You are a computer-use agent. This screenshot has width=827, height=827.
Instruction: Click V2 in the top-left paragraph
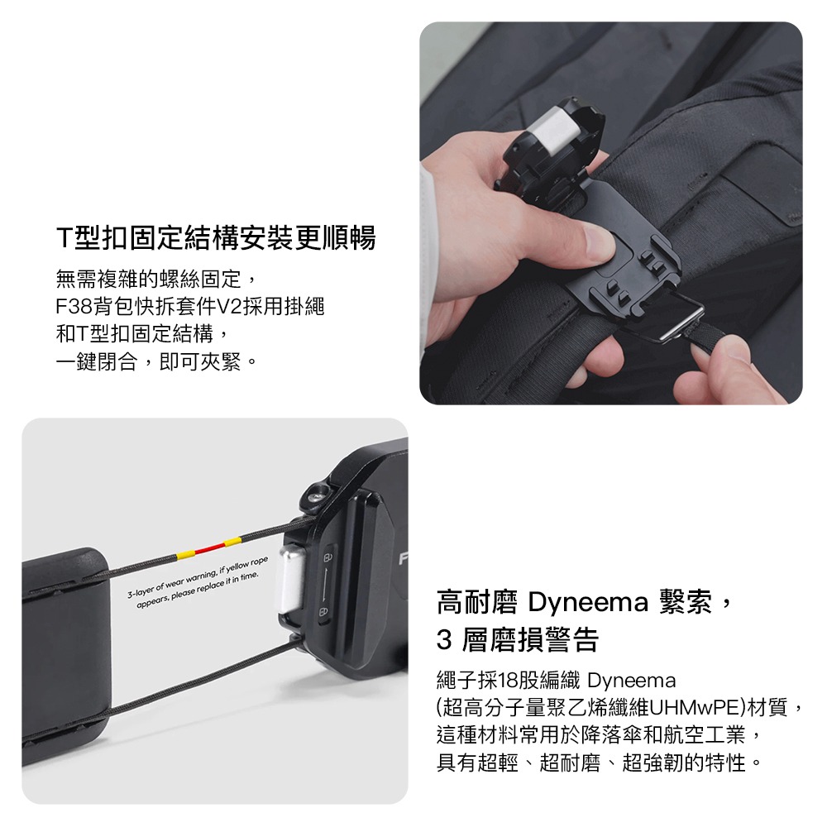pos(227,306)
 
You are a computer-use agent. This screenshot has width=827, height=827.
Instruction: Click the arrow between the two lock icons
pos(325,583)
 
